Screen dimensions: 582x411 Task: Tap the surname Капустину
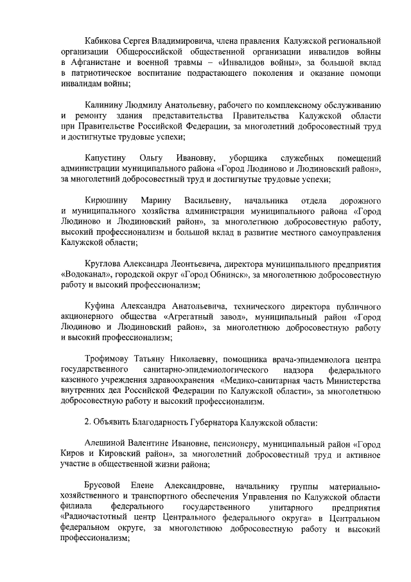[105, 158]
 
